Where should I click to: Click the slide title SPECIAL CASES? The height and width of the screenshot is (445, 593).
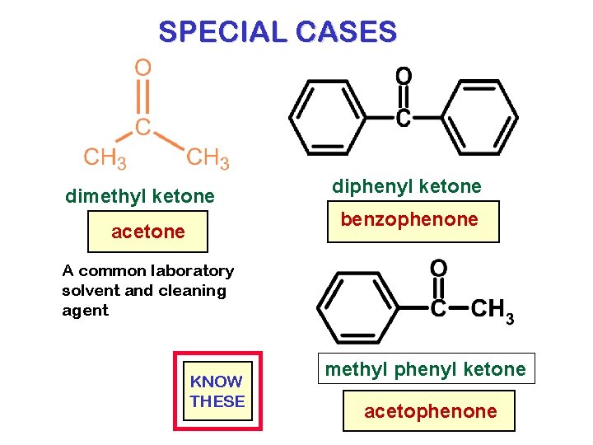278,32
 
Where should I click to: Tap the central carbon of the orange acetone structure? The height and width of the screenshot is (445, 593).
143,127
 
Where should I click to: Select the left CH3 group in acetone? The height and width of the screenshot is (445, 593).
105,157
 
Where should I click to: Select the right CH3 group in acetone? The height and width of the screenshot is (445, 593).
208,157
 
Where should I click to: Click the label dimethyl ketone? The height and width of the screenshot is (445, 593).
140,196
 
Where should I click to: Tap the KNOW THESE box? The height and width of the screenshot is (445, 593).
217,391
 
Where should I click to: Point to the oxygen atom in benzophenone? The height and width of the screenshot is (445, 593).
404,77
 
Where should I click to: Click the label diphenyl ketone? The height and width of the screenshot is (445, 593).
407,186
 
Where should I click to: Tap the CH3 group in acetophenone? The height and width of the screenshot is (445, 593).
493,310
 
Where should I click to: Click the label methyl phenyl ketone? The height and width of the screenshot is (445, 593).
425,369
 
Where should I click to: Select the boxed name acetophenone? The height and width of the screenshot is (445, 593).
431,410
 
